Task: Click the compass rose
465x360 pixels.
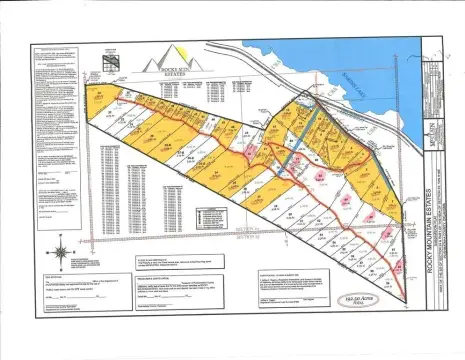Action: coord(62,246)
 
